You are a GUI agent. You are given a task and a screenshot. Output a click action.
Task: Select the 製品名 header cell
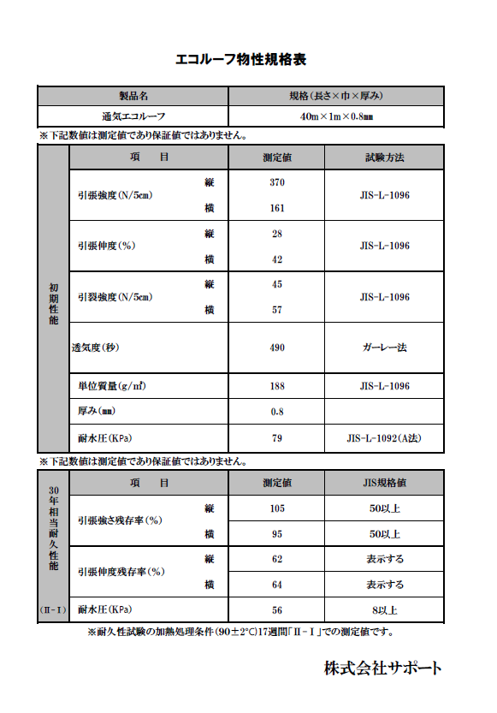[133, 96]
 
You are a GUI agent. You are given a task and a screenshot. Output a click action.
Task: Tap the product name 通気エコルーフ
[133, 116]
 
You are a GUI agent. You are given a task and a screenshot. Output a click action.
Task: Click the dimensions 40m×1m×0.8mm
[335, 116]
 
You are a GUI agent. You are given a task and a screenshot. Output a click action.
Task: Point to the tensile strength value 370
[276, 182]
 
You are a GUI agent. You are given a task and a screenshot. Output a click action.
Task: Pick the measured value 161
[276, 208]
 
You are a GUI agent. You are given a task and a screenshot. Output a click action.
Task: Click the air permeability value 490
[276, 348]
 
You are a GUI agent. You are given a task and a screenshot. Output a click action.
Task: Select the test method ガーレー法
[384, 348]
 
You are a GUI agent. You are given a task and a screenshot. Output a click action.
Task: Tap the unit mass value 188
[276, 387]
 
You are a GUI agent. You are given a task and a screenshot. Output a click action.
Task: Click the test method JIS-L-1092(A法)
[384, 439]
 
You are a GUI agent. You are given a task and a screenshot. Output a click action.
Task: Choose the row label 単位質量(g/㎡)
[112, 387]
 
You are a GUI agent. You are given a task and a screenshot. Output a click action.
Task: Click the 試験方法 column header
[384, 157]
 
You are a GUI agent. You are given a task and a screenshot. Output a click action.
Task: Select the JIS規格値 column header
[384, 484]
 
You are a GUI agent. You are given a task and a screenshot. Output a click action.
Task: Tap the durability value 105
[276, 508]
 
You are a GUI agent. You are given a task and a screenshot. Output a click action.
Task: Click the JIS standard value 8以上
[384, 610]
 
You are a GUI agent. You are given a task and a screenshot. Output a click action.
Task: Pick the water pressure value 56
[276, 610]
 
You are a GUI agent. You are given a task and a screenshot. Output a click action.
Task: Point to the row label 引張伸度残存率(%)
[121, 572]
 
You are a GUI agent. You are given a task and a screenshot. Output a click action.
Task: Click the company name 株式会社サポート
[382, 667]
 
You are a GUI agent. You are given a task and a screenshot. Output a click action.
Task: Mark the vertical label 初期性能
[52, 305]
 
